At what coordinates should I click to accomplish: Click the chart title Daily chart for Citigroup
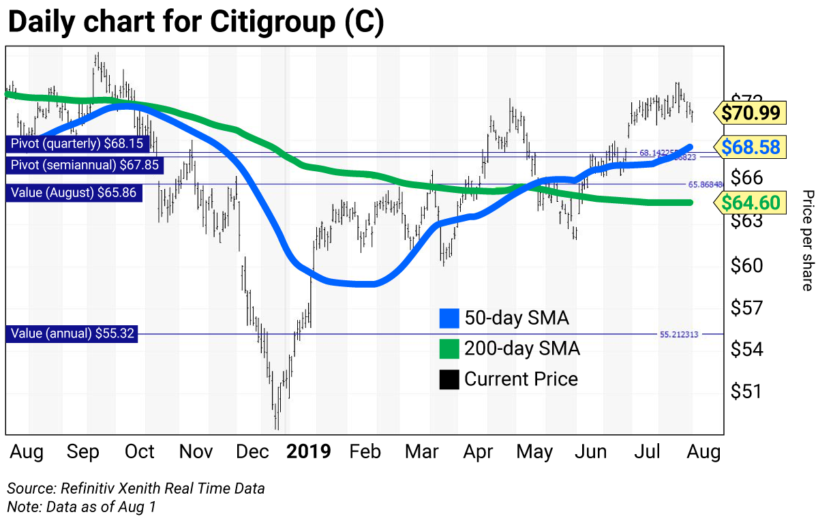(196, 22)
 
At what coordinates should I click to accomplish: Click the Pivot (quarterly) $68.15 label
(77, 144)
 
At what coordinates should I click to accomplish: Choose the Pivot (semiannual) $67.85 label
(82, 165)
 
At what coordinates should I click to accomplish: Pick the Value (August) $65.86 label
(74, 192)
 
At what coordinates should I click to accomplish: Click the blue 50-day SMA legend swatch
(449, 318)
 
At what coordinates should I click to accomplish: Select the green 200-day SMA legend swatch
(449, 348)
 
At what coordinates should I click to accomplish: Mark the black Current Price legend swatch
(449, 379)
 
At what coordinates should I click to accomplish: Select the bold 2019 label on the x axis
(308, 451)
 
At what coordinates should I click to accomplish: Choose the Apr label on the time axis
(478, 451)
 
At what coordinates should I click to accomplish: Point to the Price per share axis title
(807, 241)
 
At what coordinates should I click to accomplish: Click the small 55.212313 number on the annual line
(679, 335)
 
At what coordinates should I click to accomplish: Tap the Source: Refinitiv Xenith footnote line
(136, 488)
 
